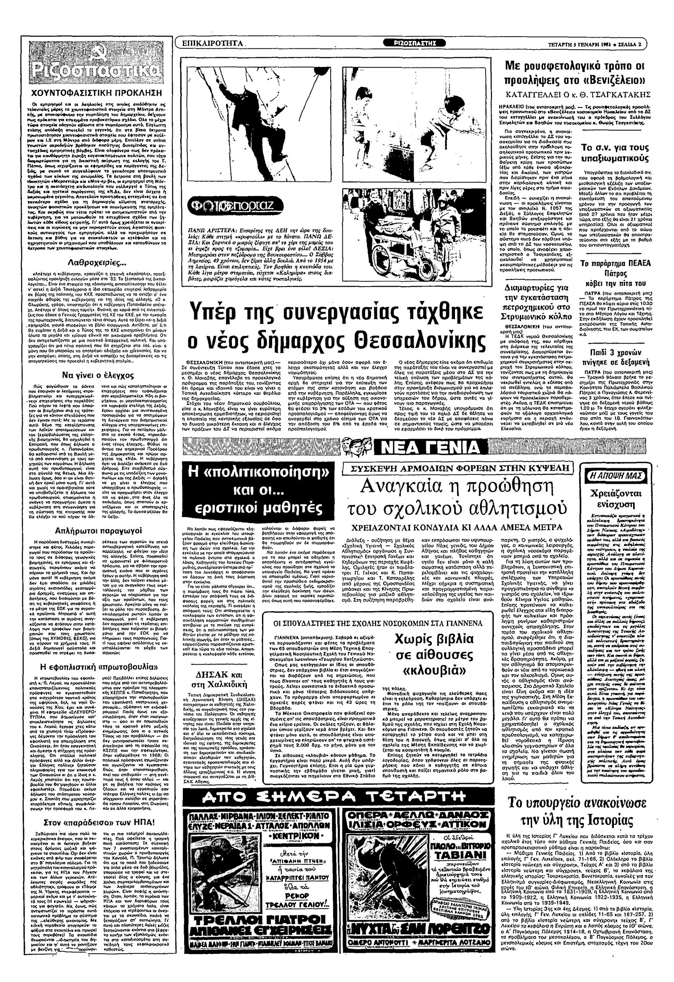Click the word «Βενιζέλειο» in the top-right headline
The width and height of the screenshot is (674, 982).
[x=609, y=80]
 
